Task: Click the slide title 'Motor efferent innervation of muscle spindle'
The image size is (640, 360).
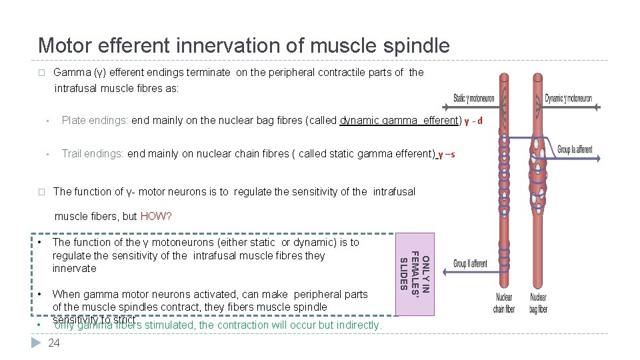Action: click(243, 45)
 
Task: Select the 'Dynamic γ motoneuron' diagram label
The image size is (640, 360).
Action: click(569, 98)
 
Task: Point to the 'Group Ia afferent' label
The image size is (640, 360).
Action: click(575, 149)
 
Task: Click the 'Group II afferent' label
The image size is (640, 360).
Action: click(470, 263)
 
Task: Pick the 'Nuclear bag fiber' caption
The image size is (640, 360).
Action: click(539, 303)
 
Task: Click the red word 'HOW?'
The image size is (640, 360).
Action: click(156, 217)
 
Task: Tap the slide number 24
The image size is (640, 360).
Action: click(54, 343)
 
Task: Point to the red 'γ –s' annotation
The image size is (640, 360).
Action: click(445, 154)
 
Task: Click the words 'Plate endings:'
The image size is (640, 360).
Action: click(95, 121)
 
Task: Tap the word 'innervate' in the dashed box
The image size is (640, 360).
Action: click(74, 269)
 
